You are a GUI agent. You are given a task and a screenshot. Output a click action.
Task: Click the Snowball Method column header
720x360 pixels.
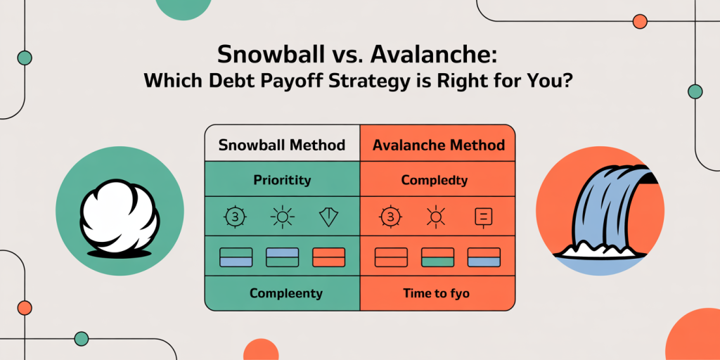coord(282,146)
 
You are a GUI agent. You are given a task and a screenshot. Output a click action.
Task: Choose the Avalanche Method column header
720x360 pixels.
coord(439,146)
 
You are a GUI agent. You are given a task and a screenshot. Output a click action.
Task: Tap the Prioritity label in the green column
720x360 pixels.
coord(282,180)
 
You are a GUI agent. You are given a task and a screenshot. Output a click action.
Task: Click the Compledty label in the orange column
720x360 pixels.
coord(435,180)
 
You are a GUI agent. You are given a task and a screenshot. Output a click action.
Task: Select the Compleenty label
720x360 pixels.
coord(286,293)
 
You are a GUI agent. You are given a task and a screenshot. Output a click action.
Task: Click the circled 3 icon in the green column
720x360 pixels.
coord(236,217)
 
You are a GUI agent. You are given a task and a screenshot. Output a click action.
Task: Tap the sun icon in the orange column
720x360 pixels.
coord(435,217)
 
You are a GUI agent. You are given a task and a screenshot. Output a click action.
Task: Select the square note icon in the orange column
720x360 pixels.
coord(484,217)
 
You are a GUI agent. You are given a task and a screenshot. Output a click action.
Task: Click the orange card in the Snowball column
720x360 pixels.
coord(328,257)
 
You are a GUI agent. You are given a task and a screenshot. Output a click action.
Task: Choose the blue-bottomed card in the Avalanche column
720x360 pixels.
coord(484,257)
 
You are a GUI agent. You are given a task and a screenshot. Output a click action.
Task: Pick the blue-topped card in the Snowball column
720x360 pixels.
coord(283,257)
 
